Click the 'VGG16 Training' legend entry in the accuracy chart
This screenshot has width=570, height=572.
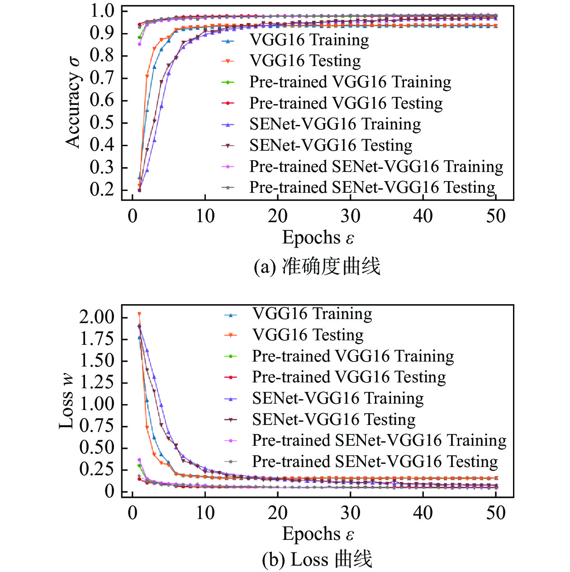(x=309, y=40)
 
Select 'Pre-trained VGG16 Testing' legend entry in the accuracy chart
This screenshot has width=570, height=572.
(x=346, y=103)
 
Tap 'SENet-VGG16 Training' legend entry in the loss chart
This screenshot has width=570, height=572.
(x=337, y=398)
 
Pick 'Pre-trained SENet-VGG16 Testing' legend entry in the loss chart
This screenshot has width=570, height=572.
(x=375, y=462)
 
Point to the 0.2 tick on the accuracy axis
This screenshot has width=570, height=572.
(x=102, y=190)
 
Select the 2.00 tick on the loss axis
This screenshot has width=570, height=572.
(x=96, y=317)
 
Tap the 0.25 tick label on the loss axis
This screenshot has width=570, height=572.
(x=96, y=469)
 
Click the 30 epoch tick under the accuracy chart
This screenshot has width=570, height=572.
(x=350, y=216)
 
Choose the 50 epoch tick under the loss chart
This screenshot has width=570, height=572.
(x=496, y=513)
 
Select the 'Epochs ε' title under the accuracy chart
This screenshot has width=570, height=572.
(x=318, y=238)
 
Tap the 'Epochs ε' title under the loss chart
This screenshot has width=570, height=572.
(x=318, y=534)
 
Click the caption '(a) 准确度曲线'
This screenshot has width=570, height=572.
(x=317, y=266)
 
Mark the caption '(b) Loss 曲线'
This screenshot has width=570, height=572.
(x=317, y=560)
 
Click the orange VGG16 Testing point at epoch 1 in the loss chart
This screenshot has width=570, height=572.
(x=139, y=314)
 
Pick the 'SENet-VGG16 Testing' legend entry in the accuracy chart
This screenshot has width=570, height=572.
(x=331, y=146)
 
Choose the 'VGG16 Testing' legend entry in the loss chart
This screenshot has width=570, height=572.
(x=308, y=335)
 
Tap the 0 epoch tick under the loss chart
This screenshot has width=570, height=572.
(x=133, y=513)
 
